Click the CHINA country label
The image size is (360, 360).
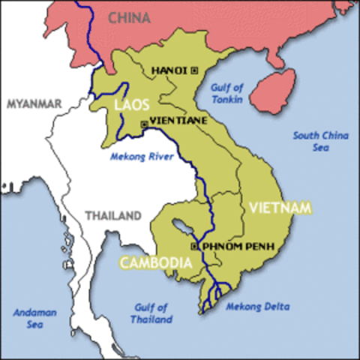[x=130, y=17]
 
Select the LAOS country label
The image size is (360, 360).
[x=131, y=105]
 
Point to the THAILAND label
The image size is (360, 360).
[x=112, y=216]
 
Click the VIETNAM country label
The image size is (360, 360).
[x=280, y=207]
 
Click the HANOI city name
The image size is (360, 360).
[x=169, y=70]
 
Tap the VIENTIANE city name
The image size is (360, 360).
[x=178, y=120]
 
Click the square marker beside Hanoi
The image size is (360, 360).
[x=195, y=70]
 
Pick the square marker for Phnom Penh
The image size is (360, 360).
[x=193, y=246]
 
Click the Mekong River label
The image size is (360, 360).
[x=142, y=157]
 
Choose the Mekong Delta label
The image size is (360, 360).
[x=257, y=307]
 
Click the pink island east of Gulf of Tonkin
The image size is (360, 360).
[x=272, y=91]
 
